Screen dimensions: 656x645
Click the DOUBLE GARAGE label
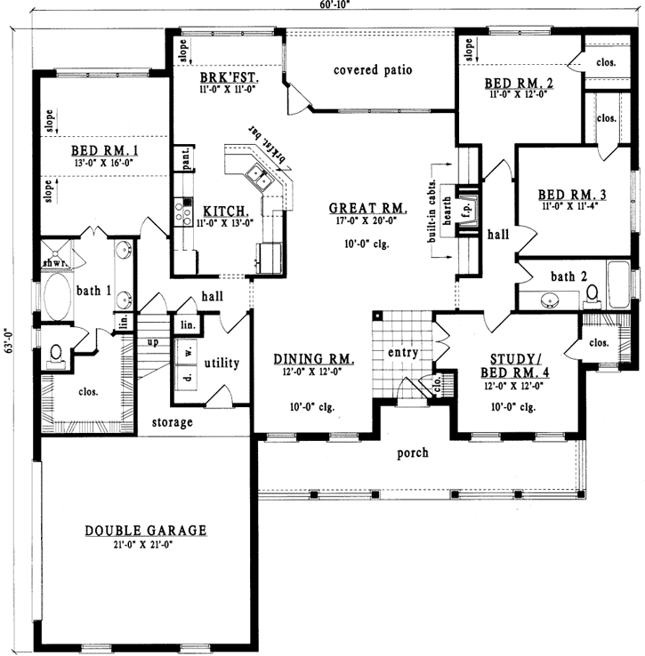point(146,531)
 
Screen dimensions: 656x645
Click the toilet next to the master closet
point(55,354)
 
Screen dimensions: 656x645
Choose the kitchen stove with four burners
point(184,212)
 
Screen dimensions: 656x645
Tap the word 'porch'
point(413,452)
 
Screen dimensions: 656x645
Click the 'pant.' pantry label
point(187,161)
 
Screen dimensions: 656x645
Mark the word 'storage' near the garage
point(172,422)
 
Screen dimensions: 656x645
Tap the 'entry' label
point(403,353)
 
